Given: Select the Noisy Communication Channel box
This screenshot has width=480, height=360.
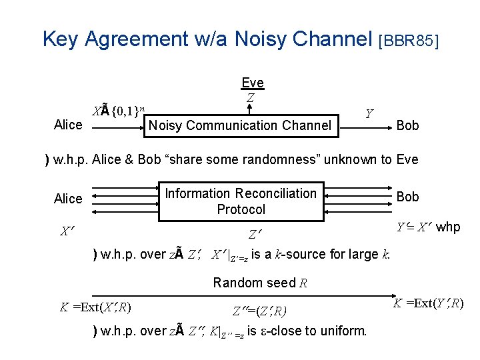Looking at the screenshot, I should [240, 125].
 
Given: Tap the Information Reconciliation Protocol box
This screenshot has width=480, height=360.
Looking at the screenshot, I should [241, 201].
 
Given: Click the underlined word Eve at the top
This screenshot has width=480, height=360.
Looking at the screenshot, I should [252, 83].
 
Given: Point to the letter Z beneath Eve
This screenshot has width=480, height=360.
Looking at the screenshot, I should [250, 97].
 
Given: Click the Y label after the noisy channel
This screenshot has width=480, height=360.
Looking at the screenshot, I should [369, 114].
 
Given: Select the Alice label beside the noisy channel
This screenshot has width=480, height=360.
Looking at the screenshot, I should [68, 125].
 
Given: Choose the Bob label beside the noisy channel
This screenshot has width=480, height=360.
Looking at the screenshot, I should [408, 125].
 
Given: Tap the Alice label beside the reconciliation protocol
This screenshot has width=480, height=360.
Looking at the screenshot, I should [68, 199].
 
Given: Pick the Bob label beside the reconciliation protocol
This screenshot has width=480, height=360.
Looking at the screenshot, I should [408, 197].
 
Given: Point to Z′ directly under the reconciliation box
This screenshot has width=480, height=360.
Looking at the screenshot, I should [255, 235].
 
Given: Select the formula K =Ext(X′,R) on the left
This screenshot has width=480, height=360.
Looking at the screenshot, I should [95, 308].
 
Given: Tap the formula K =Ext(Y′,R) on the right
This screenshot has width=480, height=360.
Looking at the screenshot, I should [427, 305].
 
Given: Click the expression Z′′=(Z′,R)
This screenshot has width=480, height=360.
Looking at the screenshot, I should [259, 311].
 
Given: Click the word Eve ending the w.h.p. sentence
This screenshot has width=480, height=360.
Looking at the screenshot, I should [407, 159].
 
